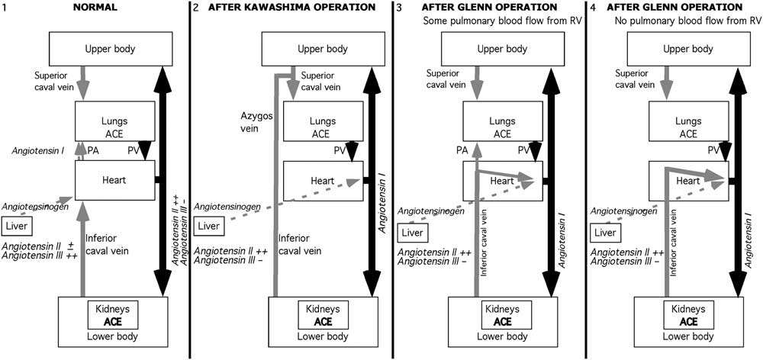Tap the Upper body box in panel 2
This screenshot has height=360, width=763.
pos(311,50)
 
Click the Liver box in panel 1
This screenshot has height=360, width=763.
pos(16,226)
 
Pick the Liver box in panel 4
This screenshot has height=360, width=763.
pos(606,233)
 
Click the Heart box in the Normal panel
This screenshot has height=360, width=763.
pos(114,180)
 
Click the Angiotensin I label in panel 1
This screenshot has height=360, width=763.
pos(36,151)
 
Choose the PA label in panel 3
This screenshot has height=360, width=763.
pos(462,151)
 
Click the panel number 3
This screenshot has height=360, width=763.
pos(398,7)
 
